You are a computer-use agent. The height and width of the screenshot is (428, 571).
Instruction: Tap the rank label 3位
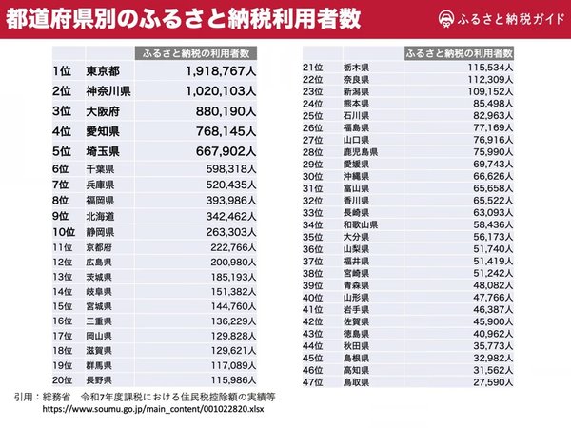[x=63, y=110]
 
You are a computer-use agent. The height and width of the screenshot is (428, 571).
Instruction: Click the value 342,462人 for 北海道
[x=226, y=216]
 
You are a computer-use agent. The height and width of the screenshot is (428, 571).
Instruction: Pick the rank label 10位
[x=64, y=232]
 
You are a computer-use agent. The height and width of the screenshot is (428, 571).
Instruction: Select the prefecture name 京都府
[x=99, y=248]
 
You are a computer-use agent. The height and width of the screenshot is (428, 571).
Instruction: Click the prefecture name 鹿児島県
[x=347, y=151]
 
